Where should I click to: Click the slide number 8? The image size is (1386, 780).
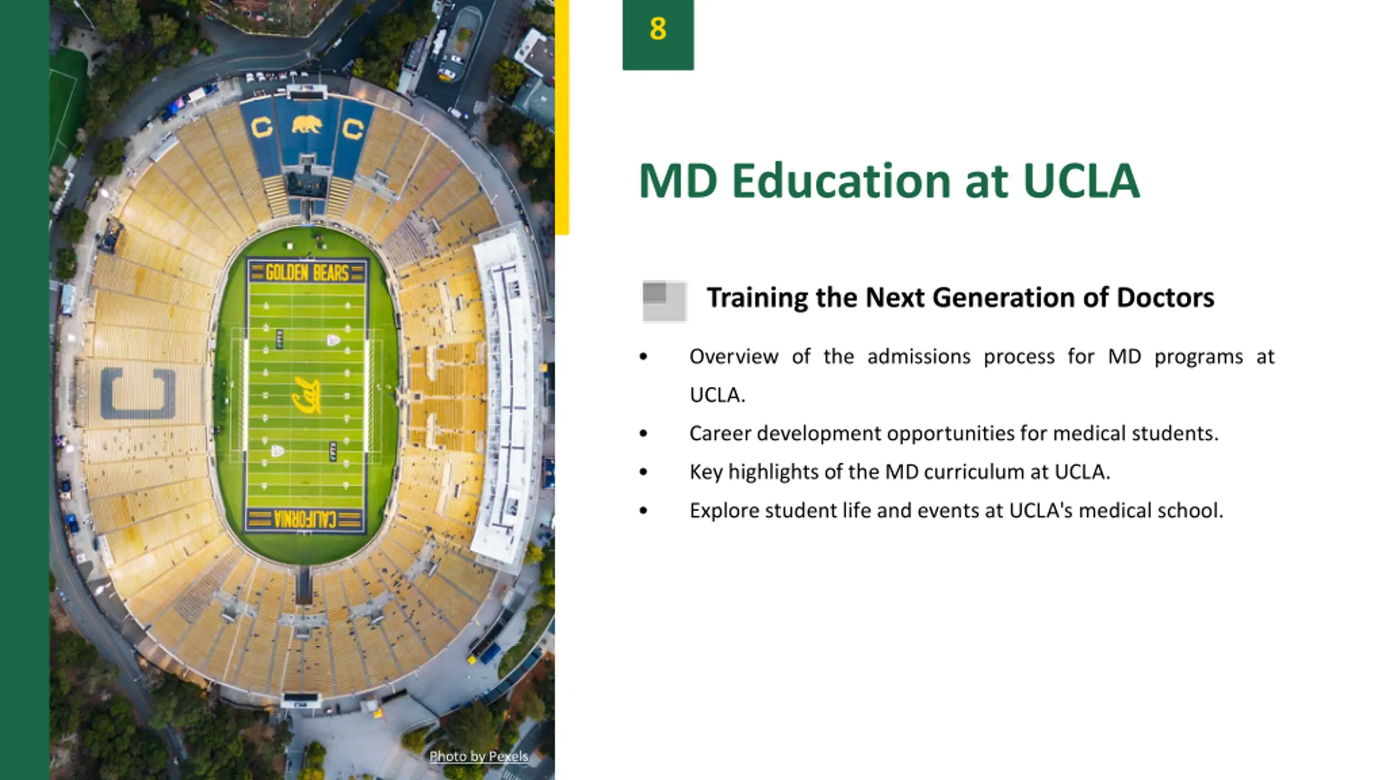pyautogui.click(x=658, y=29)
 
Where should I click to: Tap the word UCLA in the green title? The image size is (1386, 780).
pyautogui.click(x=1081, y=180)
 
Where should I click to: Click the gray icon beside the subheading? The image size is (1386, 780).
pyautogui.click(x=664, y=301)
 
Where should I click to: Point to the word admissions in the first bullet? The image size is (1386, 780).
pyautogui.click(x=919, y=356)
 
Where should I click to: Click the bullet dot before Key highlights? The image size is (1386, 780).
pyautogui.click(x=643, y=472)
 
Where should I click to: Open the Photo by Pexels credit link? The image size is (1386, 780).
pyautogui.click(x=479, y=756)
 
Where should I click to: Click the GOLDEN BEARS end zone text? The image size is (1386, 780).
pyautogui.click(x=307, y=272)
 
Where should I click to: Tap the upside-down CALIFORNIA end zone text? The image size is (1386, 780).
pyautogui.click(x=306, y=519)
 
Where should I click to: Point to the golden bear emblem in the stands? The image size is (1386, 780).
pyautogui.click(x=307, y=125)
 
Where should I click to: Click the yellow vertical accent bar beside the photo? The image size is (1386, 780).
pyautogui.click(x=562, y=117)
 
